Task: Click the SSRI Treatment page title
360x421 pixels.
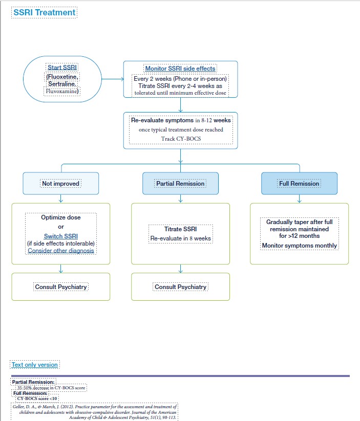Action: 45,12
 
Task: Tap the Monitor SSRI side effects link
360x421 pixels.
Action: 180,69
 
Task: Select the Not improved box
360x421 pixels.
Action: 61,183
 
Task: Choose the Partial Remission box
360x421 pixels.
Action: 180,183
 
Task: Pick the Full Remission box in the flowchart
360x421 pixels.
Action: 299,183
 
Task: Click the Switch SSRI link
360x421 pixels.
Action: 61,236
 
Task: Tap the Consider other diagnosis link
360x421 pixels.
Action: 61,250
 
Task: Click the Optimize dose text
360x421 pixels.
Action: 61,217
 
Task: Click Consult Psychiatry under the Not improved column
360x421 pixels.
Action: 61,287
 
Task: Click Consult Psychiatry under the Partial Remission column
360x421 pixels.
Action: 180,287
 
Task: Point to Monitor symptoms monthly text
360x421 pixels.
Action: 299,246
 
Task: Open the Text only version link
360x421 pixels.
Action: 35,365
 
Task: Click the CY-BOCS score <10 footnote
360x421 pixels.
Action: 38,397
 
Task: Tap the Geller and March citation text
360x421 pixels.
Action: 95,412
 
